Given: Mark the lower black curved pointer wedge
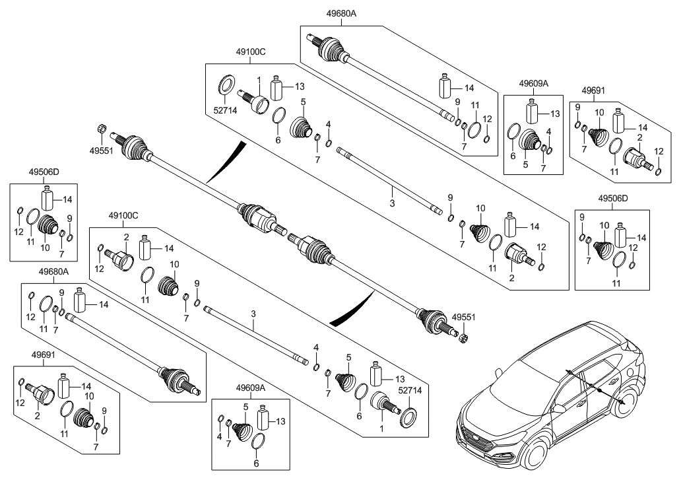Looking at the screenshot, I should tap(349, 310).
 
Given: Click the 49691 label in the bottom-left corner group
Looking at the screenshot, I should tap(45, 354).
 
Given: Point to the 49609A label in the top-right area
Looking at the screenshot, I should tap(533, 84).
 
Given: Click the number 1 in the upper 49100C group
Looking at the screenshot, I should tap(259, 80).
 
